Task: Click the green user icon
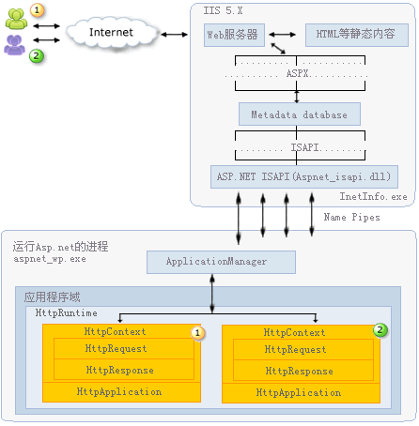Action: [16, 19]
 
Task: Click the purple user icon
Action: [14, 45]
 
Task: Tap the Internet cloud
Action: [111, 33]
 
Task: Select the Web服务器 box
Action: [234, 35]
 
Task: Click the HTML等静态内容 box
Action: [357, 35]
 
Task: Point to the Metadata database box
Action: [300, 114]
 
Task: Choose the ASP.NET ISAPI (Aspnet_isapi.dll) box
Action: [304, 176]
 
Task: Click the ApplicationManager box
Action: [221, 262]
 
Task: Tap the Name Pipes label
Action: [351, 217]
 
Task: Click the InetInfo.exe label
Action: [373, 196]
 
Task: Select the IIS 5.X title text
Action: [223, 10]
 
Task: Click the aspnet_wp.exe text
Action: [50, 259]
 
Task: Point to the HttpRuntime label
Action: [66, 312]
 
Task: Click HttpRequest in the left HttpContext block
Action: [116, 348]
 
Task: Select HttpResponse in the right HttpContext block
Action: [299, 371]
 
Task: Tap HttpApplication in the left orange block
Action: [119, 391]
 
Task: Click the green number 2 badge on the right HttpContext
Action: [380, 329]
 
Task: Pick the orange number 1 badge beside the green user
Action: [38, 10]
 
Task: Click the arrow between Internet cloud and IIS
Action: [174, 35]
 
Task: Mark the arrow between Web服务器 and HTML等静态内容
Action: [282, 35]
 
